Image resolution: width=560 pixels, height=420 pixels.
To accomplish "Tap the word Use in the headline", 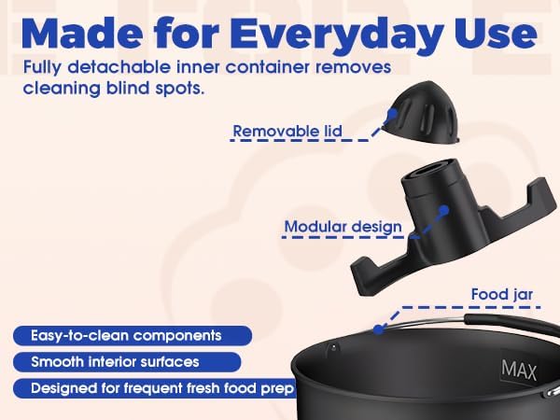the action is point(495,32).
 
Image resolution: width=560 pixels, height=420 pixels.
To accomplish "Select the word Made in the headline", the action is point(82,32).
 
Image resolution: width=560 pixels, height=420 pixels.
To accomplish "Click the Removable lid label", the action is point(287,131).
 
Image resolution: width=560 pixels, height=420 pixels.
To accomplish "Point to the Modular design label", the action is point(343,227).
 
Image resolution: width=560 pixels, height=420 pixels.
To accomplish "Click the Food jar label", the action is point(502,295).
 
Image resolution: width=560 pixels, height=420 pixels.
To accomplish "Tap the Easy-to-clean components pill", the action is point(133,336).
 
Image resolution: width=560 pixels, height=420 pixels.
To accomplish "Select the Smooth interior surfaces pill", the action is point(127,362).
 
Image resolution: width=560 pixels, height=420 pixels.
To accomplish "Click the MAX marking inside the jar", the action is point(519,370).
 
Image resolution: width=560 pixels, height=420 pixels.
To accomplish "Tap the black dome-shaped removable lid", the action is point(420,112).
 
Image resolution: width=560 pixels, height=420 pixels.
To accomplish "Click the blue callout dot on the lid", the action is point(392,114).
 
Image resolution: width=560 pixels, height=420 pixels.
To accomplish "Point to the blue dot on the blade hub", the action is point(443,210).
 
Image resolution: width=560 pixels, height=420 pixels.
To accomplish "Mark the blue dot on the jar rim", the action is point(379,329).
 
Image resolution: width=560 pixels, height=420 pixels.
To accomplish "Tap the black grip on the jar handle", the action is point(511,324).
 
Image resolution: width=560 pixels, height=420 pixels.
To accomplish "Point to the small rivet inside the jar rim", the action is point(333,346).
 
